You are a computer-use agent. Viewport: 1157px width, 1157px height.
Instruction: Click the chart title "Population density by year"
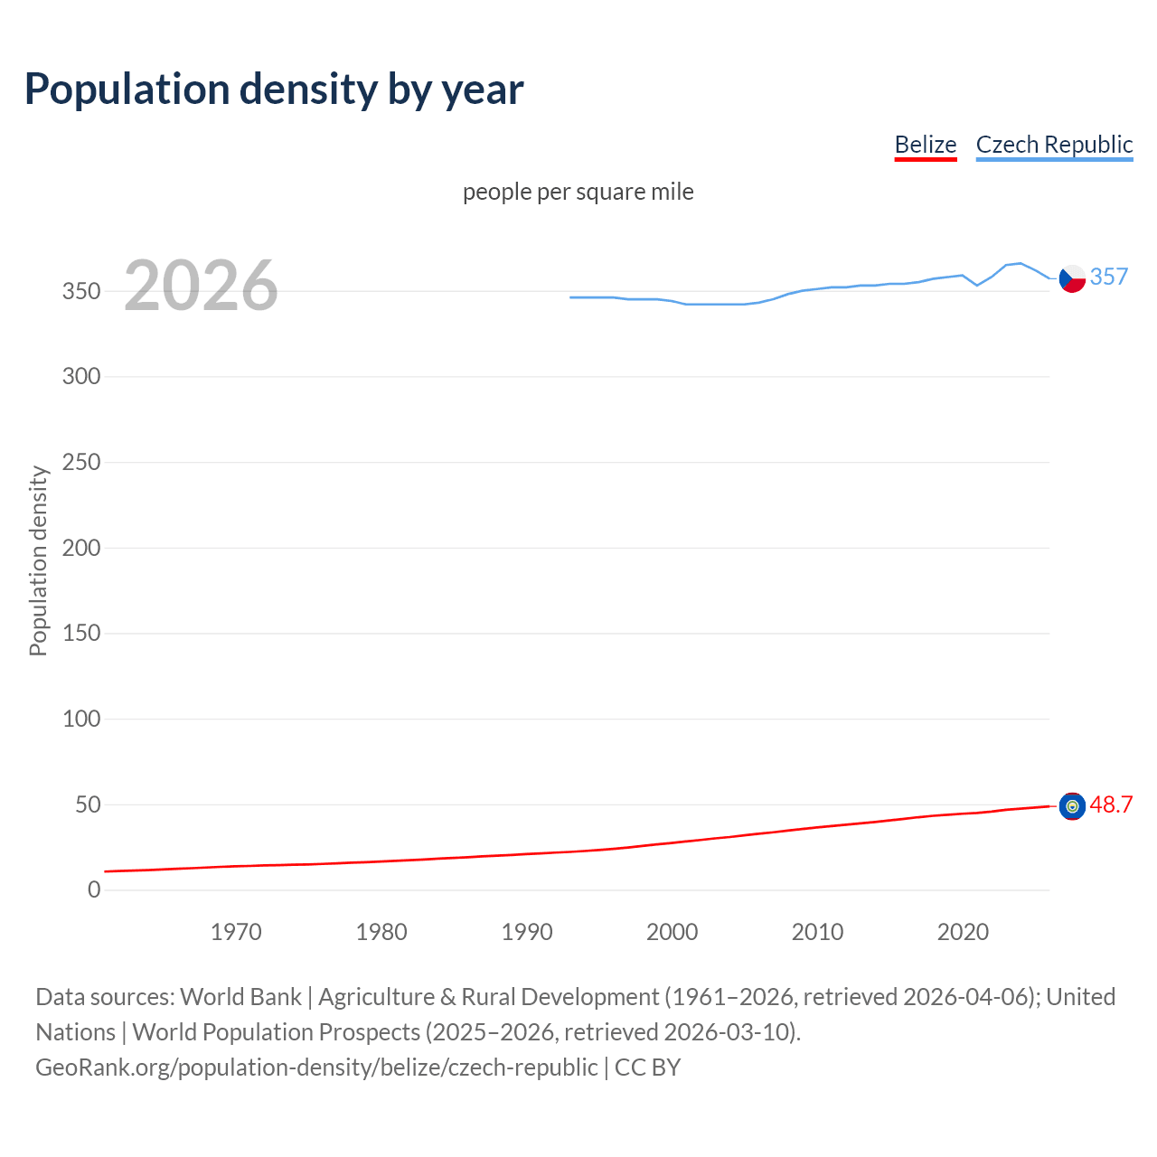click(x=274, y=89)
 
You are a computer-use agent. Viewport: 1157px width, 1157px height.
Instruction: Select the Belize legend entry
click(x=925, y=145)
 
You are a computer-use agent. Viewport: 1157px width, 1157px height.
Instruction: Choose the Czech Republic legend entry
click(x=1054, y=145)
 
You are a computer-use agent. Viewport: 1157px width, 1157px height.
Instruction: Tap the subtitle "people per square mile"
click(x=578, y=192)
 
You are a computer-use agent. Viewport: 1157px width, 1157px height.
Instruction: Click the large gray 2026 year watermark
click(x=201, y=286)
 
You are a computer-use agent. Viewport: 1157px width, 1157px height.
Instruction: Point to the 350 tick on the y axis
click(x=80, y=291)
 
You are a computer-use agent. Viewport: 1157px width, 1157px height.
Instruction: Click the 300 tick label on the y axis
click(x=80, y=376)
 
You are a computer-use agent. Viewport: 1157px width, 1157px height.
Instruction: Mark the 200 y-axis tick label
click(x=80, y=548)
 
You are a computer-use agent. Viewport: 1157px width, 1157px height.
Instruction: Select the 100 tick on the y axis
click(x=80, y=720)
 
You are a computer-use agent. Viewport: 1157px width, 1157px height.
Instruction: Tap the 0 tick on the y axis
click(x=94, y=889)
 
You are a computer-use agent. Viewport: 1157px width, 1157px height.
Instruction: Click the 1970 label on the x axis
click(x=236, y=932)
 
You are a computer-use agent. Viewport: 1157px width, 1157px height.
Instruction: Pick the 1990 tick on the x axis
click(x=527, y=932)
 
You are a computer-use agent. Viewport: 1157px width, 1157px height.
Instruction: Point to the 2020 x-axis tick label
click(x=963, y=932)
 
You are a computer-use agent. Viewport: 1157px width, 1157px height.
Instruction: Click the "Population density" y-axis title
click(x=38, y=560)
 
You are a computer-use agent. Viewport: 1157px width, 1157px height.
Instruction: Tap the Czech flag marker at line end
click(x=1072, y=278)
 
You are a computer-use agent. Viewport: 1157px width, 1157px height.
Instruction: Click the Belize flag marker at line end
click(x=1072, y=806)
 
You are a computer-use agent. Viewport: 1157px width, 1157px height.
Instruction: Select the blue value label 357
click(x=1109, y=277)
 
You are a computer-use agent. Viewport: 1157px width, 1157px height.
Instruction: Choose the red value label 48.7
click(x=1111, y=804)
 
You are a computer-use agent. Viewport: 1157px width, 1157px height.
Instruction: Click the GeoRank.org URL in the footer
click(x=316, y=1068)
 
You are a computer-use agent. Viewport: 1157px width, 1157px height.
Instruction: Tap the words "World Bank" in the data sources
click(x=240, y=997)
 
